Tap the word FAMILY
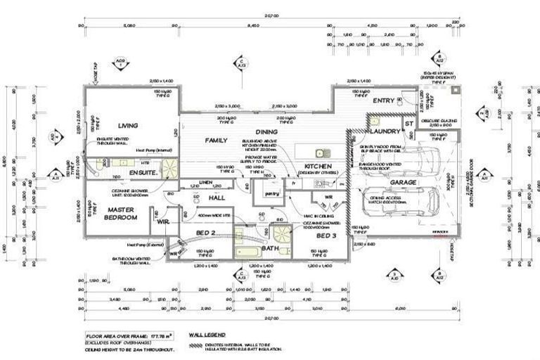[216, 141]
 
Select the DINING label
[266, 131]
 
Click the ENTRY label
[383, 101]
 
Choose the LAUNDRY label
[385, 131]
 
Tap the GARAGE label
[404, 182]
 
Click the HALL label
[217, 198]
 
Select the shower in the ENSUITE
[169, 167]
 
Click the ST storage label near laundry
[409, 124]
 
